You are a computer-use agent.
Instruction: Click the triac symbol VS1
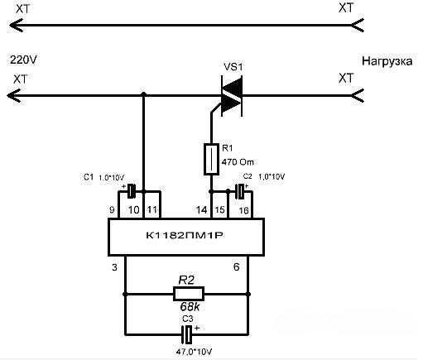(232, 96)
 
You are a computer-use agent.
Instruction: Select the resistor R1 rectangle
(211, 159)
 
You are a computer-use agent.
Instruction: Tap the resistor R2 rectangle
(189, 294)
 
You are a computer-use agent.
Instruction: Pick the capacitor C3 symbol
(188, 334)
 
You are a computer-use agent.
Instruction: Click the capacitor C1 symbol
(132, 191)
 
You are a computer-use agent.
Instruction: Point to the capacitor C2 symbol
(241, 191)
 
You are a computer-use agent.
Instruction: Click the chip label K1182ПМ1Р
(185, 236)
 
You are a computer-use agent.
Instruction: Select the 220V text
(23, 60)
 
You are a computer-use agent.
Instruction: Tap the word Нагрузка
(387, 61)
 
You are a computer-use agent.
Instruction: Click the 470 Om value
(238, 161)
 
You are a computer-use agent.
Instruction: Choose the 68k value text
(190, 306)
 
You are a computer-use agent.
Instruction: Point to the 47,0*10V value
(194, 352)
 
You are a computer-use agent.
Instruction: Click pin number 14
(202, 210)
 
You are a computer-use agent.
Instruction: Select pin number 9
(112, 210)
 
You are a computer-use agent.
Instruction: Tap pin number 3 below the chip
(114, 267)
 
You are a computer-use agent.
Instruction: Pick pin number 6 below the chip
(237, 266)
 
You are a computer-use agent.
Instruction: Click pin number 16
(243, 211)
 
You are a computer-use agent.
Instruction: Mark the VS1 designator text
(233, 67)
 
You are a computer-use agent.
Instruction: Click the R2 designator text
(186, 281)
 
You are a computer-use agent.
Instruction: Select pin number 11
(151, 210)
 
